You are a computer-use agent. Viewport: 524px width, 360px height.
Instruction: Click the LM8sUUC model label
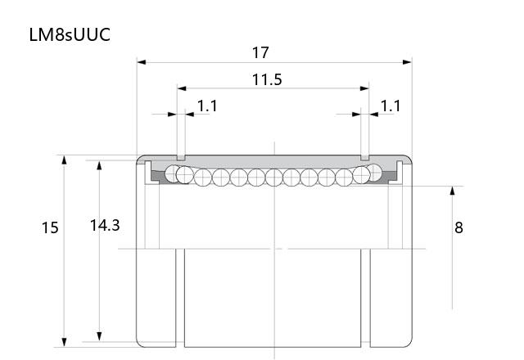click(x=70, y=34)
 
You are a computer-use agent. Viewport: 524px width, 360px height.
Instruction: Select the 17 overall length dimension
click(x=260, y=52)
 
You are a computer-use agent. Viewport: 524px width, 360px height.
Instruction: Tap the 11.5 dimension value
click(x=267, y=79)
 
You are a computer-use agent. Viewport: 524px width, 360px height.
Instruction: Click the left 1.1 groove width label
click(x=207, y=106)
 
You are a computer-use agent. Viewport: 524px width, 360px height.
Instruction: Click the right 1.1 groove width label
click(x=391, y=106)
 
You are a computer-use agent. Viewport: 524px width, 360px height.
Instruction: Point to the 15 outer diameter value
click(x=50, y=227)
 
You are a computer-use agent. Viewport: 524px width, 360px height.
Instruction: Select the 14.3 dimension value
click(x=105, y=226)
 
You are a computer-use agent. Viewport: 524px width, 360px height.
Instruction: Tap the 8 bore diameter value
click(x=458, y=227)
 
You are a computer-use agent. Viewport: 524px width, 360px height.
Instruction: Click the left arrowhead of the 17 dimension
click(x=142, y=62)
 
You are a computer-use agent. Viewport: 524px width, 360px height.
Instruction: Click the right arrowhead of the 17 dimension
click(x=407, y=62)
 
